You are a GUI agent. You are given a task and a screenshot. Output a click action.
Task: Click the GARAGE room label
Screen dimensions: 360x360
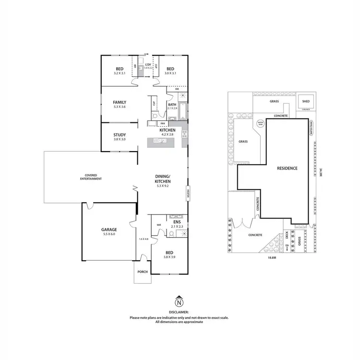[x=108, y=229]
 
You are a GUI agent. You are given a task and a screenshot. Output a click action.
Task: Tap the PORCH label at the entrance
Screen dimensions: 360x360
[x=143, y=272]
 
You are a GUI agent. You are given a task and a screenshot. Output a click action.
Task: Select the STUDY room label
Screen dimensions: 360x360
[x=120, y=135]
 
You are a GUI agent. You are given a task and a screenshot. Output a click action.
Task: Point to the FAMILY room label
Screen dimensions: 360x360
[x=120, y=102]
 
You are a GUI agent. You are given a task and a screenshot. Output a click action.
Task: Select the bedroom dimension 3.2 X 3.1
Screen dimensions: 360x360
[x=120, y=73]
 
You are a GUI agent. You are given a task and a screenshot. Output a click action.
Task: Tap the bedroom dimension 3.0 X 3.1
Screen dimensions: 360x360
[x=171, y=73]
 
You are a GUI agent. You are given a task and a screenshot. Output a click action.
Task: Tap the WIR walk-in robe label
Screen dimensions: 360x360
[x=158, y=224]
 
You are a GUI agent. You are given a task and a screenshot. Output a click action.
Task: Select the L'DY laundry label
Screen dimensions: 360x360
[x=148, y=64]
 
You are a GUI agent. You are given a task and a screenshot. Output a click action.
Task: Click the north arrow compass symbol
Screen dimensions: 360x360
[x=179, y=302]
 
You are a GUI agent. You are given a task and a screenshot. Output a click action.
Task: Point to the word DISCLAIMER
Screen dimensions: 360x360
[x=179, y=312]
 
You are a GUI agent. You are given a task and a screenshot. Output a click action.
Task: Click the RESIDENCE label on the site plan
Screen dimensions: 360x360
[x=287, y=168]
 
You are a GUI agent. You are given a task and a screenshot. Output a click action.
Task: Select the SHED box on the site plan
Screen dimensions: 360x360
[x=305, y=102]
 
